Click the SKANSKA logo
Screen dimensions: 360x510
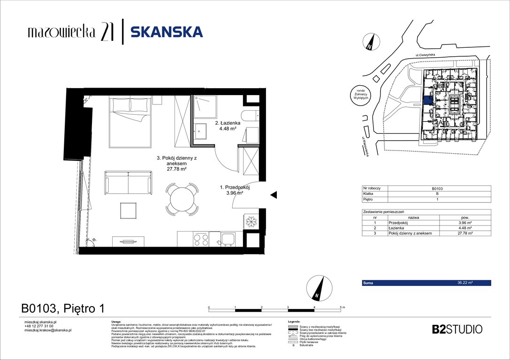point(166,32)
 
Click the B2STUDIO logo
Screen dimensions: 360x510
point(457,329)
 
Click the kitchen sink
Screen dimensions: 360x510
point(228,239)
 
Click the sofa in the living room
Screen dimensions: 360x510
point(128,182)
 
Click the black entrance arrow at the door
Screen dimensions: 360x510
point(272,194)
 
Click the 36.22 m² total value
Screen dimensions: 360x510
point(464,283)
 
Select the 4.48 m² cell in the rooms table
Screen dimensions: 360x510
point(464,228)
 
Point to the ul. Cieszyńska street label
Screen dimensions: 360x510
point(426,56)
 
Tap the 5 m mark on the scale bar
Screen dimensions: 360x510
point(341,307)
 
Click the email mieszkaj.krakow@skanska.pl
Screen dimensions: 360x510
point(47,330)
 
